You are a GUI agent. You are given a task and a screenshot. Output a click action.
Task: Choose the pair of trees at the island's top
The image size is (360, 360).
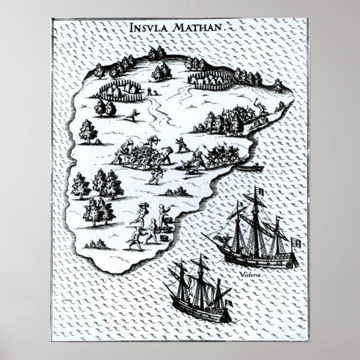[157, 54]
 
